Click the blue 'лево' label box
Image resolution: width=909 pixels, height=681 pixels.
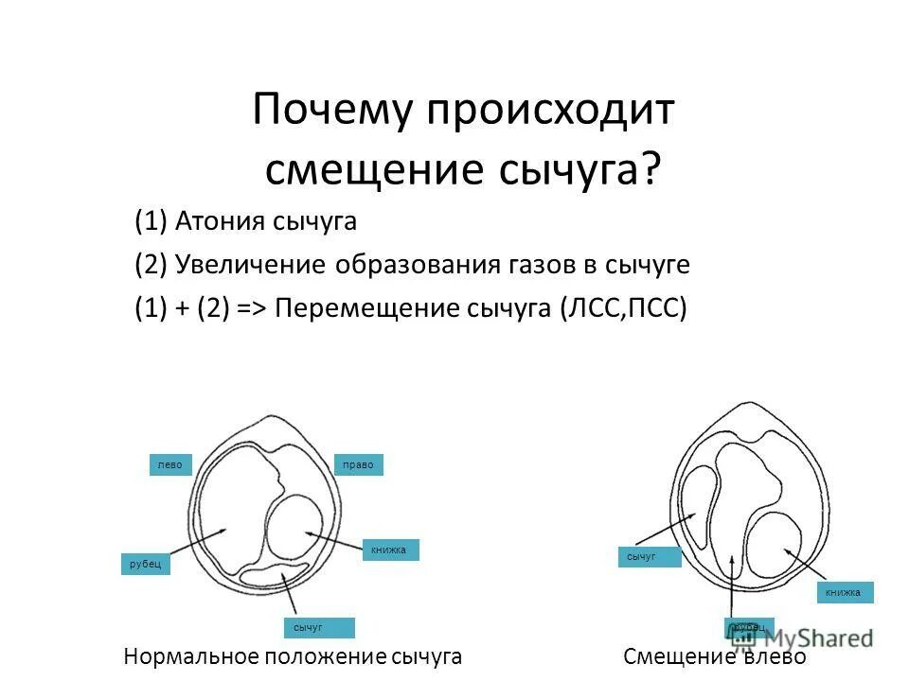(170, 464)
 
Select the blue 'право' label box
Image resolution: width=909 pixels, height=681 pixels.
(360, 464)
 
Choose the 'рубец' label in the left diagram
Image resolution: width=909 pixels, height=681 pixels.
(146, 564)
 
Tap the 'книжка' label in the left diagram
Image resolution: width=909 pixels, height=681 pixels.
(389, 550)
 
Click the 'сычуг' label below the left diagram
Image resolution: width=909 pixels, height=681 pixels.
(317, 627)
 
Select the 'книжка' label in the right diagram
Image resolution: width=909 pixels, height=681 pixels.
(844, 593)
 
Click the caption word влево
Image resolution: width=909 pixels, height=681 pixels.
(774, 657)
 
